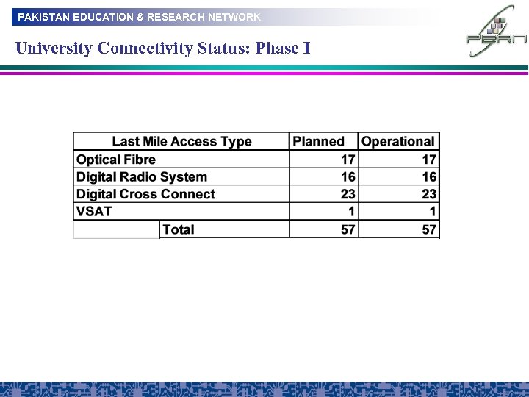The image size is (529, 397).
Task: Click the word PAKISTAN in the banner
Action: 43,16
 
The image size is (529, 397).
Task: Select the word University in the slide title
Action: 54,49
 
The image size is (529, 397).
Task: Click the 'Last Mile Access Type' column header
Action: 181,141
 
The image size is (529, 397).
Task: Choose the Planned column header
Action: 318,141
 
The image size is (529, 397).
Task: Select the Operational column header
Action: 398,141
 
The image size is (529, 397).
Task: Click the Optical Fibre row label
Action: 116,160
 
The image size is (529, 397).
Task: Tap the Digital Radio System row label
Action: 142,176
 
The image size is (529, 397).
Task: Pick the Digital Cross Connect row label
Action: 145,194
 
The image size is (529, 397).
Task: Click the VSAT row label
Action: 94,211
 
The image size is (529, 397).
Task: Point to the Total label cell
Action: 179,229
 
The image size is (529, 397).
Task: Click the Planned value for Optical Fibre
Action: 348,160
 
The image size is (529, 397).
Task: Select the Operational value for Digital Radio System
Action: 429,176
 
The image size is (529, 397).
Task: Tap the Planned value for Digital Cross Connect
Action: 348,194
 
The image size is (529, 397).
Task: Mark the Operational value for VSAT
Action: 433,211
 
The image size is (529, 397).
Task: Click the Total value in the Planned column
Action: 348,229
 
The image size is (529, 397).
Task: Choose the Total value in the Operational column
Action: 429,229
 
